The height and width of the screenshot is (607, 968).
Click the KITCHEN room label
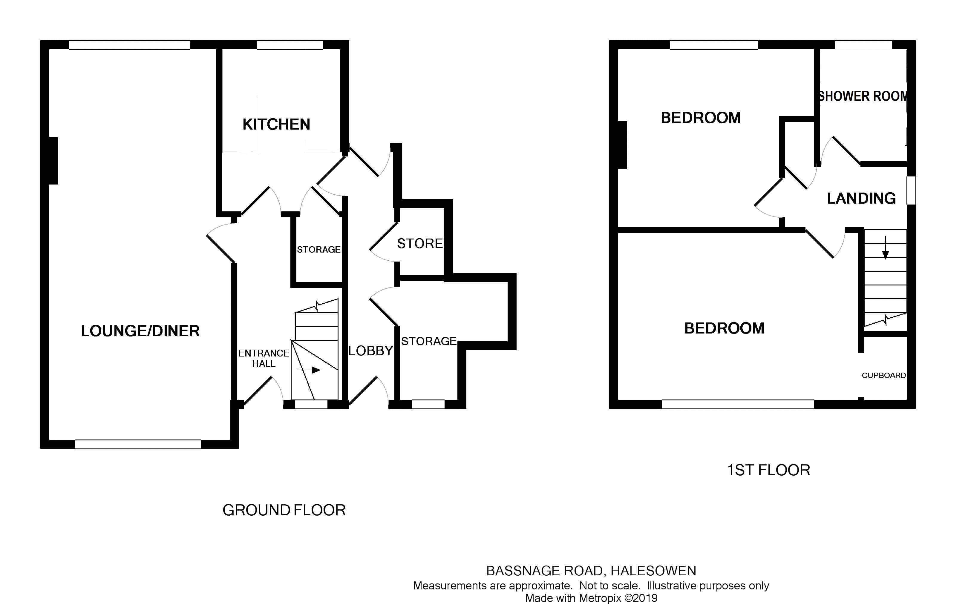tap(276, 125)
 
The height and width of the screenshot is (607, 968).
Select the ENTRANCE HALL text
tap(264, 358)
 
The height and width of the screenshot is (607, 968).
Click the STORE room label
tap(420, 244)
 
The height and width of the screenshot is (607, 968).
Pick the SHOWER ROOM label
tap(862, 96)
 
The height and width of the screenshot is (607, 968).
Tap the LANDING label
tap(861, 198)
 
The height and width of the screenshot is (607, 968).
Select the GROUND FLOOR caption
tap(284, 510)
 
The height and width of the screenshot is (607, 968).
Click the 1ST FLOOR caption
tap(768, 470)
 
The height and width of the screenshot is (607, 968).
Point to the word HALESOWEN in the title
tap(653, 571)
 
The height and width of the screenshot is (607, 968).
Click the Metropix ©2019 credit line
tap(591, 598)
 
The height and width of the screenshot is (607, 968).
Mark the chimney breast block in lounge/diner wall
tap(53, 161)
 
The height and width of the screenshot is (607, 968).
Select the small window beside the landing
tap(911, 190)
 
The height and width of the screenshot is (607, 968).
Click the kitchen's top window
tap(290, 45)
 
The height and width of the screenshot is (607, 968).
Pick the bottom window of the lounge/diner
tap(138, 444)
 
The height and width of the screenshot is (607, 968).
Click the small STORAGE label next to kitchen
tap(318, 250)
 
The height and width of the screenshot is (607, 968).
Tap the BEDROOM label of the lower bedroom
tap(724, 328)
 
